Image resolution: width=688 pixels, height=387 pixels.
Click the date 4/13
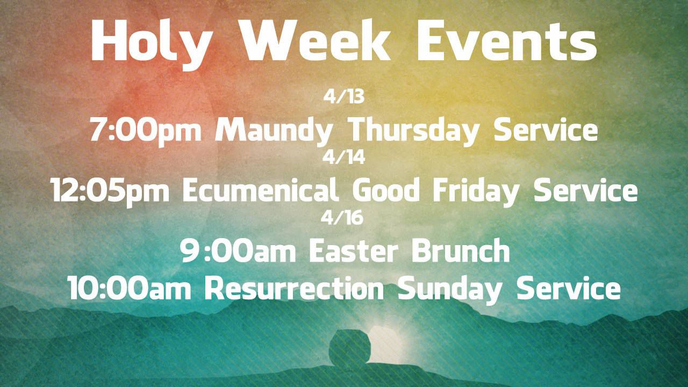pos(344,97)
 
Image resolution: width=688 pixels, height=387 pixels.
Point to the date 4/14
pos(344,158)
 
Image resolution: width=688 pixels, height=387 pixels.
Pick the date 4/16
pos(344,218)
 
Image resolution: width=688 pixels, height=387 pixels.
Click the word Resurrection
pos(294,289)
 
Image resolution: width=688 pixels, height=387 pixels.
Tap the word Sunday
pos(450,290)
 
